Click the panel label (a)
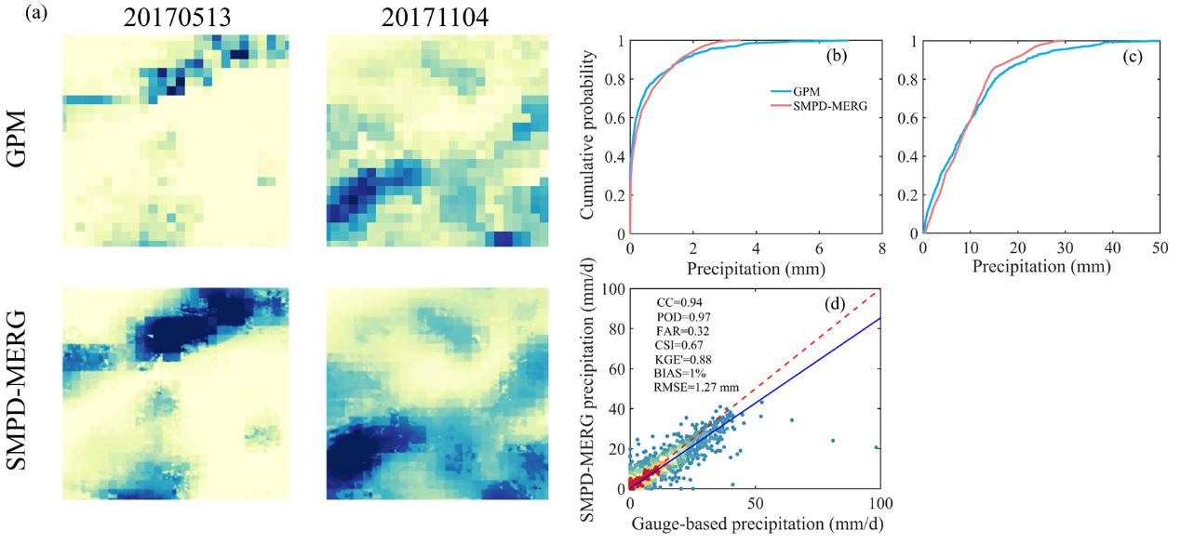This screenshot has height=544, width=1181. click(x=15, y=13)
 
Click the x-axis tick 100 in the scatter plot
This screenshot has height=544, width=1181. click(x=879, y=503)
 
